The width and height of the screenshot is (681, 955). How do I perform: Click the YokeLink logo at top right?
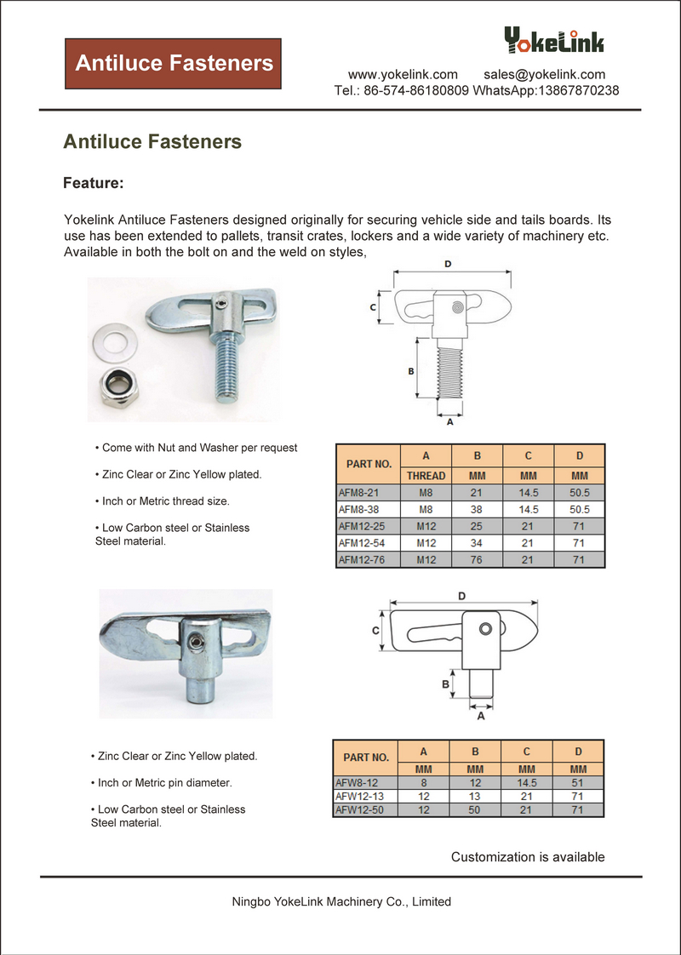pyautogui.click(x=553, y=40)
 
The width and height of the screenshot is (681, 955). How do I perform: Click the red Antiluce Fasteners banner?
pyautogui.click(x=174, y=63)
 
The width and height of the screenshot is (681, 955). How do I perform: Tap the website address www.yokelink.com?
pyautogui.click(x=403, y=74)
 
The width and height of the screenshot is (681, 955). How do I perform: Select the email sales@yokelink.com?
pyautogui.click(x=545, y=74)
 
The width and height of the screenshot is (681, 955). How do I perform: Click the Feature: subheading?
pyautogui.click(x=94, y=183)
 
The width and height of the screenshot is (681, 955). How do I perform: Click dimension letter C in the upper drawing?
pyautogui.click(x=373, y=308)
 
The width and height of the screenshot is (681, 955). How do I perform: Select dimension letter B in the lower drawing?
pyautogui.click(x=445, y=683)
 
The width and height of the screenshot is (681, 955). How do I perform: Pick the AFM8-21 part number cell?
pyautogui.click(x=358, y=492)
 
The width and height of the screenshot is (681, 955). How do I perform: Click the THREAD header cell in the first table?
pyautogui.click(x=426, y=476)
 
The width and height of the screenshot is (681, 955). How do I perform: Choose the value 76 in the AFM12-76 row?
pyautogui.click(x=477, y=559)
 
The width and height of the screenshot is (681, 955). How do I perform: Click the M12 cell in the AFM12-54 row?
pyautogui.click(x=426, y=542)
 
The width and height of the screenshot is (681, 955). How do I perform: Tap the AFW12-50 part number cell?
pyautogui.click(x=360, y=809)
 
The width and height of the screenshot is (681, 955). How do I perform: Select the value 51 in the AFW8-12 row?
pyautogui.click(x=578, y=781)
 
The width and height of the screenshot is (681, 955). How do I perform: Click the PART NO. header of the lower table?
pyautogui.click(x=366, y=757)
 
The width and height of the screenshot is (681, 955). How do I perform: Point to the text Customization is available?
pyautogui.click(x=528, y=857)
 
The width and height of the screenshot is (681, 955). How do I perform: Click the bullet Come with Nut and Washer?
pyautogui.click(x=199, y=448)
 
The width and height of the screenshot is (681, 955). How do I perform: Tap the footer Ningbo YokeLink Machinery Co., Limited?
pyautogui.click(x=341, y=901)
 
